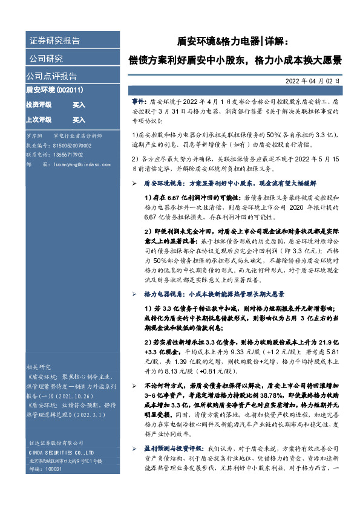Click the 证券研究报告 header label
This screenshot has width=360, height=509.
54,41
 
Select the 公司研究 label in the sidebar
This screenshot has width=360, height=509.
46,59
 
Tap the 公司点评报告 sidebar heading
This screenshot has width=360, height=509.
51,76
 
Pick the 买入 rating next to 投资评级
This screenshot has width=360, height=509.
79,105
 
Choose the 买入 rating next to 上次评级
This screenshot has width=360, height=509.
79,120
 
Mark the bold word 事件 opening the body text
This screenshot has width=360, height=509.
138,103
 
